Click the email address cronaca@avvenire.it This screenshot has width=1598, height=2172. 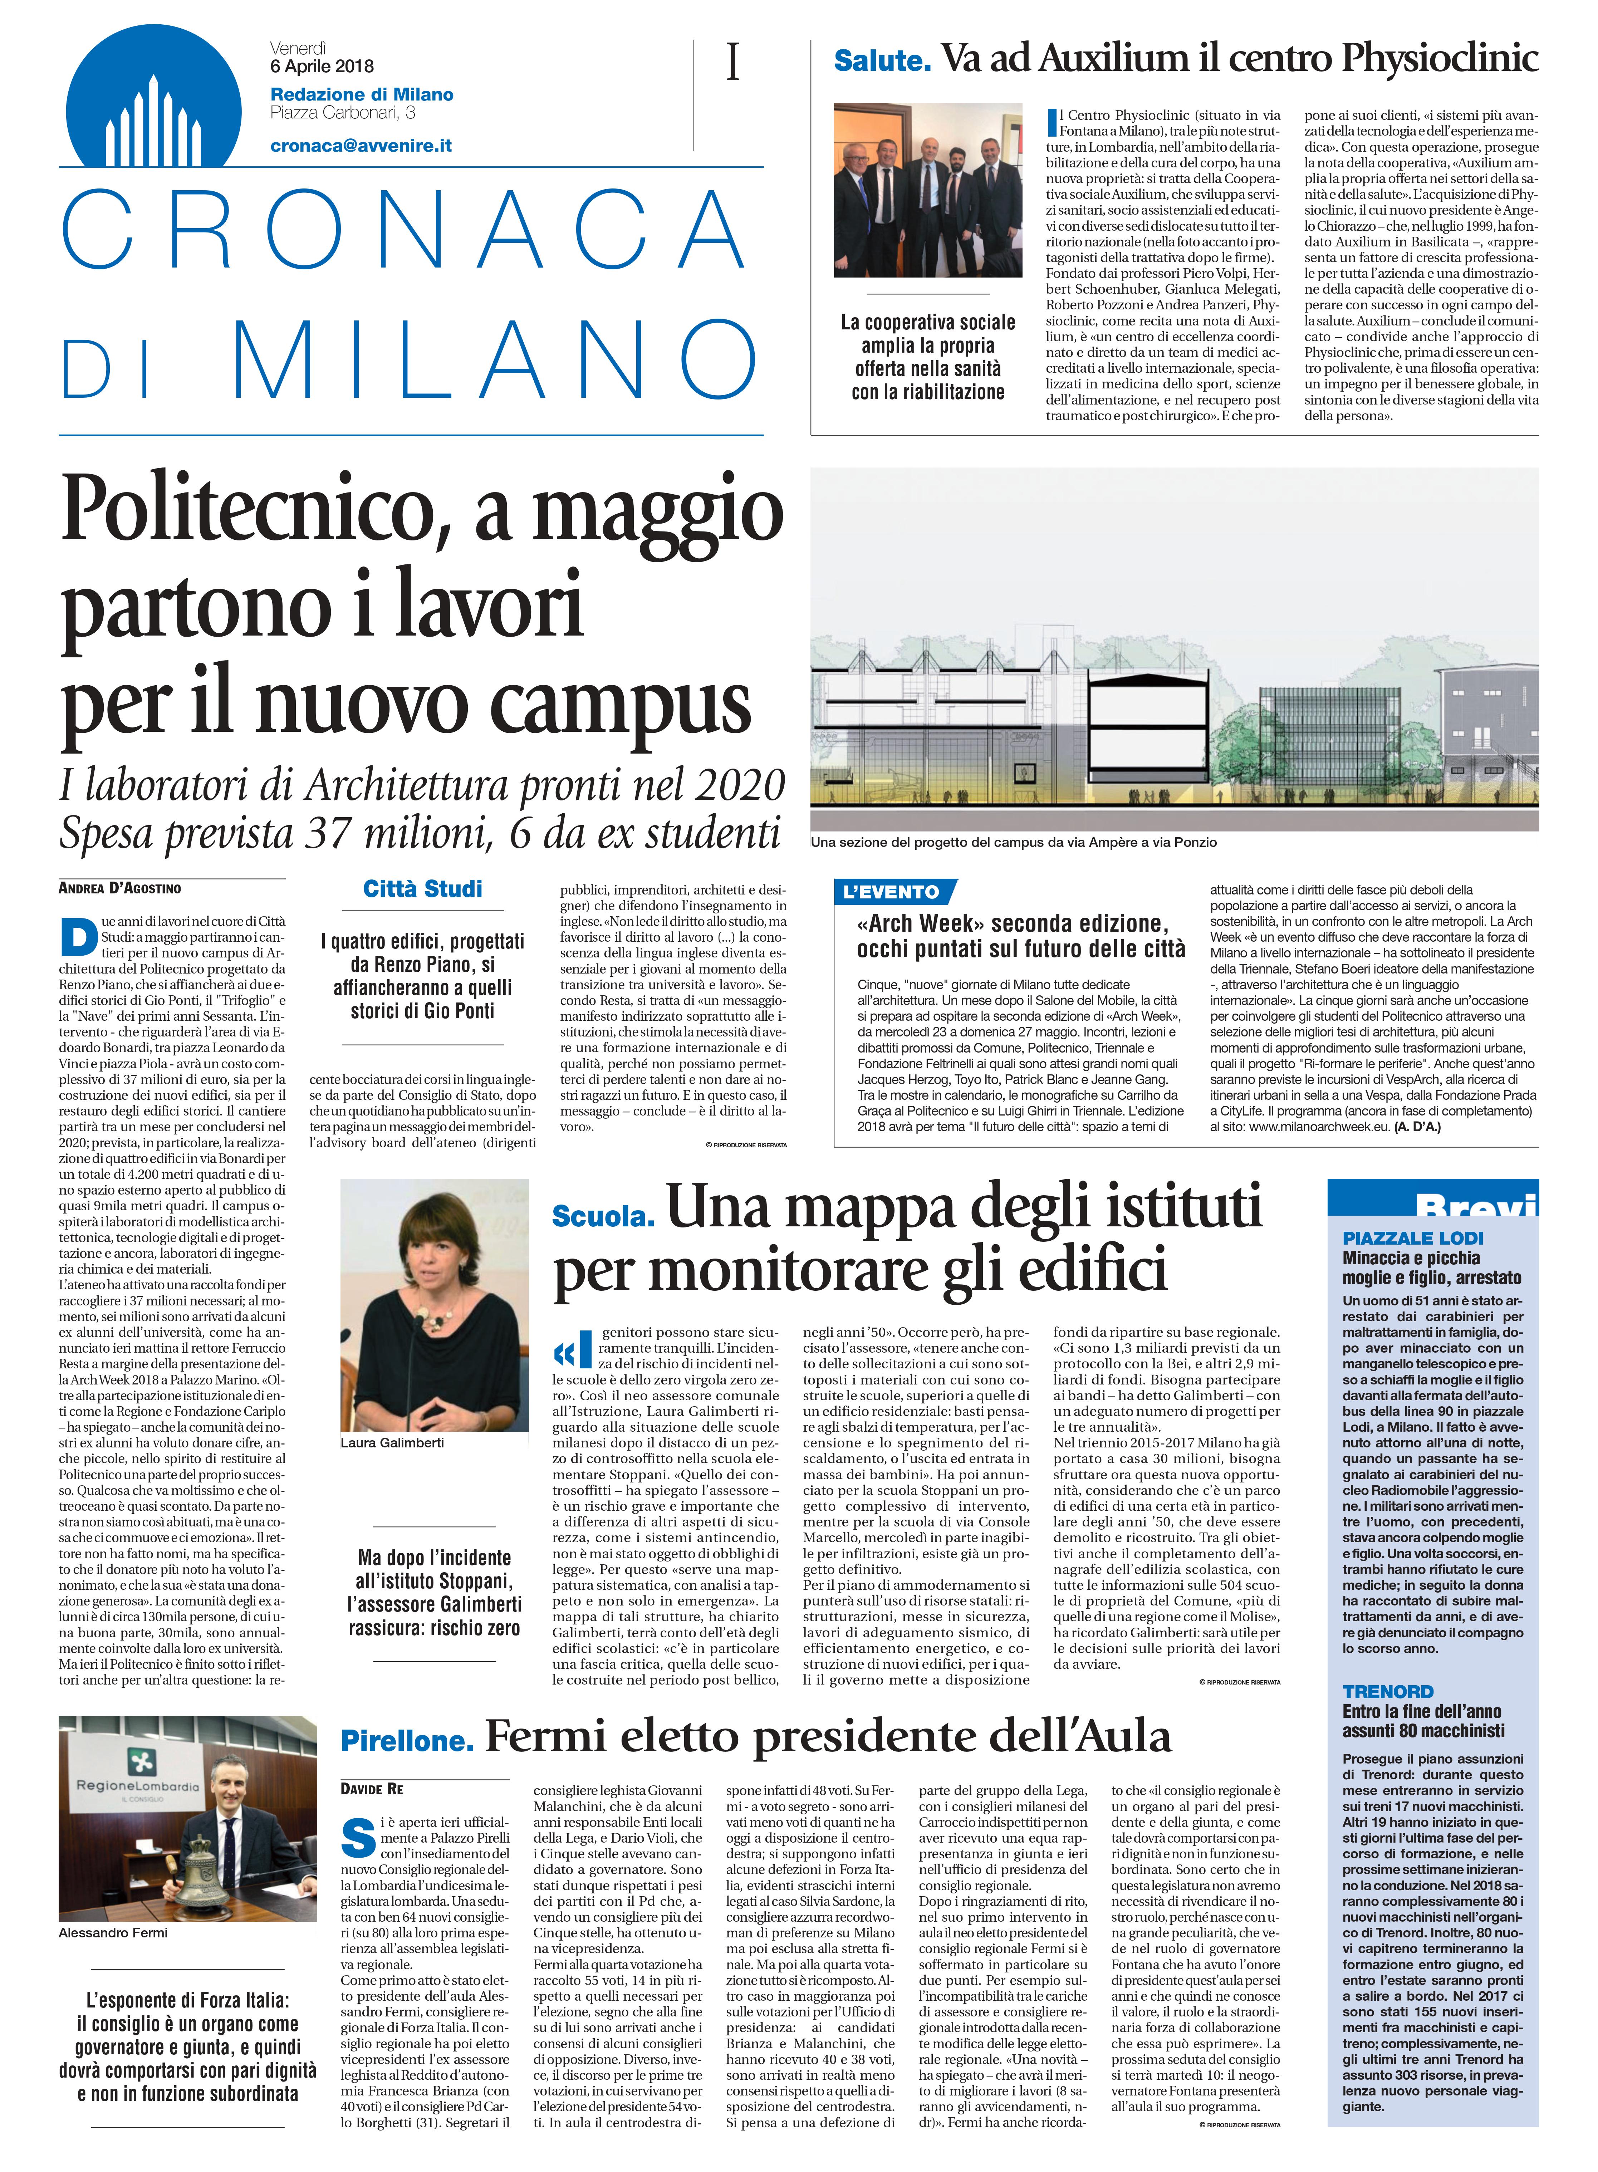pos(361,146)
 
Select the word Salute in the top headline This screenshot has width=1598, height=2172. pos(882,61)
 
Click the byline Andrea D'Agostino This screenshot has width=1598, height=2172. pos(120,888)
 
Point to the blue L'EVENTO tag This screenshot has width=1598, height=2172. pos(893,892)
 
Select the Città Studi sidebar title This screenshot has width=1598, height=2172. pos(423,890)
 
